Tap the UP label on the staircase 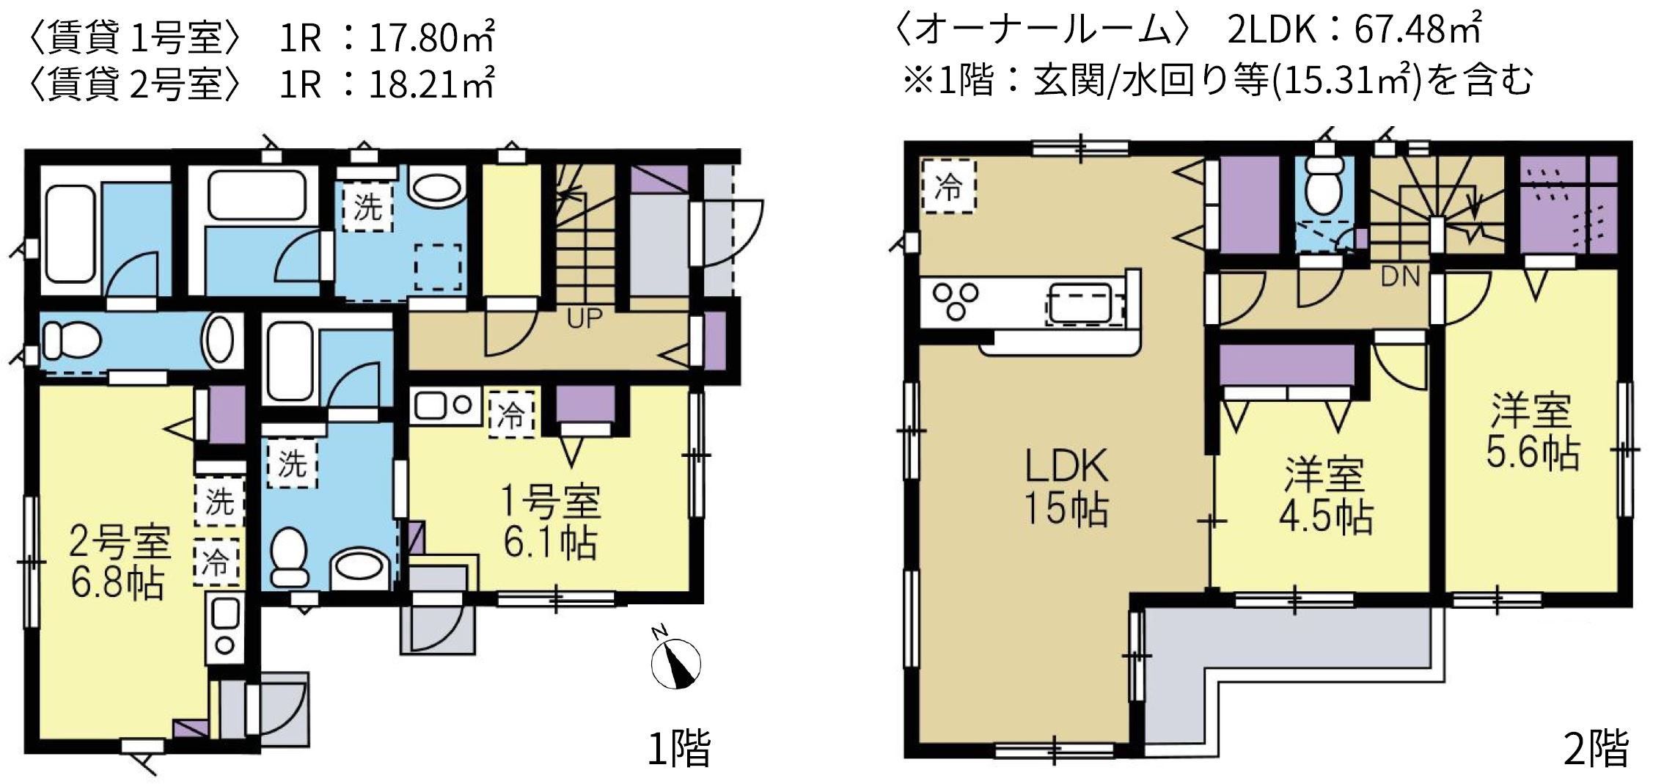coord(584,318)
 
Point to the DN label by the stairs coord(1400,277)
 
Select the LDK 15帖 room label coord(1066,487)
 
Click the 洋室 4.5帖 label coord(1325,495)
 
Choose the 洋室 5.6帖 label coord(1532,432)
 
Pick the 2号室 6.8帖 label coord(119,562)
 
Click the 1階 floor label coord(678,748)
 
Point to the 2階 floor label coord(1597,749)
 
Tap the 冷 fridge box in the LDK coord(949,186)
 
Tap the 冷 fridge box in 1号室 coord(512,414)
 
